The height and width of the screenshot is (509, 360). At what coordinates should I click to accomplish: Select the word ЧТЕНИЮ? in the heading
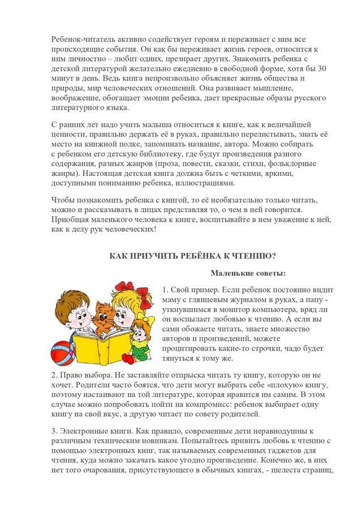point(254,256)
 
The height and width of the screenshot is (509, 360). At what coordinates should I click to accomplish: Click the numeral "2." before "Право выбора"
point(54,374)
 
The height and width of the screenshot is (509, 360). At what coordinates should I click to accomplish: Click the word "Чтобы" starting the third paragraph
point(63,200)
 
